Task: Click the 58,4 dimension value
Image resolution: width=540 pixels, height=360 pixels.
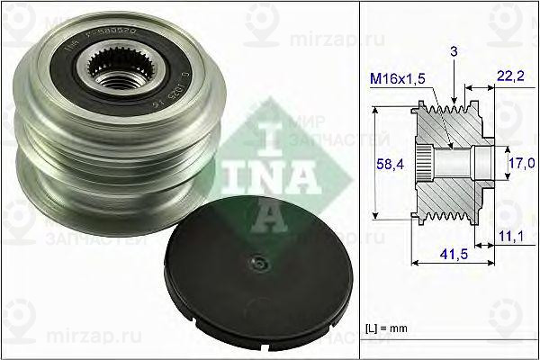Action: point(384,164)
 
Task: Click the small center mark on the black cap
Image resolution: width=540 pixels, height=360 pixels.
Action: point(259,263)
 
